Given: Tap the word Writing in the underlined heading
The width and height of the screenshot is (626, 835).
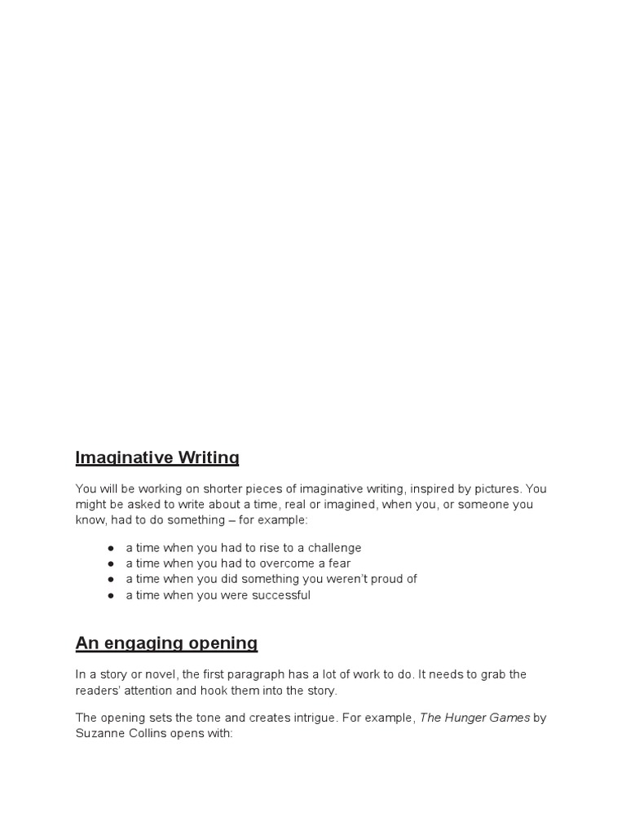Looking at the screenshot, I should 209,458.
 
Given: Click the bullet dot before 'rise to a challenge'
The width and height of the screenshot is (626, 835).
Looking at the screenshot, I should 110,548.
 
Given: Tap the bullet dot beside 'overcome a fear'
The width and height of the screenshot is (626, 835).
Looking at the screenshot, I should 110,563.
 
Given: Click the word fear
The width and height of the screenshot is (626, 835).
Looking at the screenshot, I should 337,563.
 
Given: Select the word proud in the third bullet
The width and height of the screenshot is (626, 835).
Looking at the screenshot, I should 374,579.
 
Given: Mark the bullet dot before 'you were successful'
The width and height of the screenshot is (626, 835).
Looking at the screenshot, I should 110,595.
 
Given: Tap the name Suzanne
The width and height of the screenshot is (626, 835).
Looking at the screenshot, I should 99,734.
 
